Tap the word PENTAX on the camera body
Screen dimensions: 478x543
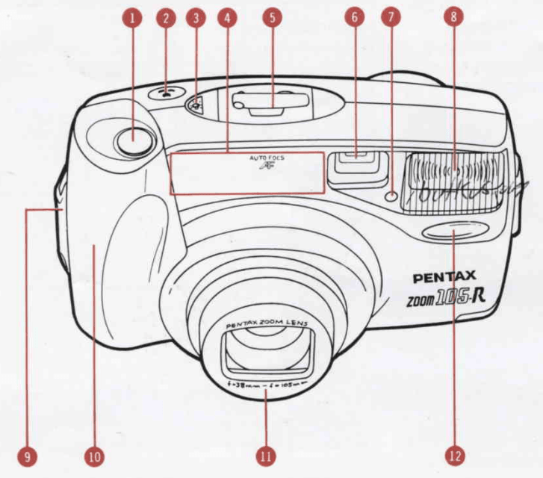(444, 277)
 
